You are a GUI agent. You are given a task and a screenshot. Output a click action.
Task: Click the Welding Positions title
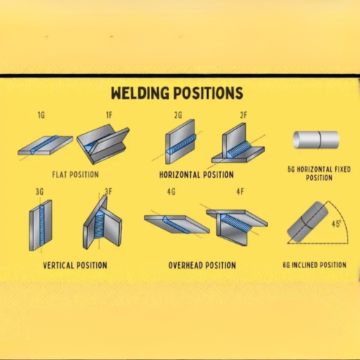[x=177, y=93]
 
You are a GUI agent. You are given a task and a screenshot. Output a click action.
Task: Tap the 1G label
[x=41, y=115]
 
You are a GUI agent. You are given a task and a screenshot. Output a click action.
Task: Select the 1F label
[x=109, y=115]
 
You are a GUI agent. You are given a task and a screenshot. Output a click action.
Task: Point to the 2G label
[x=178, y=115]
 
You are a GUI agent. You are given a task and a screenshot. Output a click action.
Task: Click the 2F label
[x=243, y=115]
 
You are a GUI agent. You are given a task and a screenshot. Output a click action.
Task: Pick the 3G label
[x=39, y=192]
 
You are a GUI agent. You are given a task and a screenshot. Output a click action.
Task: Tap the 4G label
[x=172, y=192]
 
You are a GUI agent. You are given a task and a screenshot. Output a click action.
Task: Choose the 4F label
[x=240, y=192]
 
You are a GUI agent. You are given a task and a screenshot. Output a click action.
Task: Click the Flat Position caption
[x=75, y=174]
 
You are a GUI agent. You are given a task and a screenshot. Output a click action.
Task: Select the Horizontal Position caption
[x=196, y=174]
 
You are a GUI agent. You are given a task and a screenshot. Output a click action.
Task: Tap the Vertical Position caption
[x=75, y=265]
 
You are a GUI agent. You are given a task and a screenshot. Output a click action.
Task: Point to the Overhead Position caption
[x=202, y=265]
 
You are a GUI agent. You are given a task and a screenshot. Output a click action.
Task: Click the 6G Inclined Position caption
[x=314, y=265]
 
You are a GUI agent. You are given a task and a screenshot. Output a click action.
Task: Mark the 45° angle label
[x=336, y=224]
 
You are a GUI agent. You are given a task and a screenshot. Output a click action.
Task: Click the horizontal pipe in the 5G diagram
[x=316, y=140]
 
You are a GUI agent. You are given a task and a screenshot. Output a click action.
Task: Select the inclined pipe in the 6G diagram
[x=307, y=222]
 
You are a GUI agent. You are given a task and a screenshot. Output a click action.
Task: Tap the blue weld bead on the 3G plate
[x=42, y=225]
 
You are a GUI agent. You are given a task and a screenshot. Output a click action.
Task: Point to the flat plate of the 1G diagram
[x=45, y=146]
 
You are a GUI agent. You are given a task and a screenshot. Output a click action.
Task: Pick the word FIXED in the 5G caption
[x=342, y=169]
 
